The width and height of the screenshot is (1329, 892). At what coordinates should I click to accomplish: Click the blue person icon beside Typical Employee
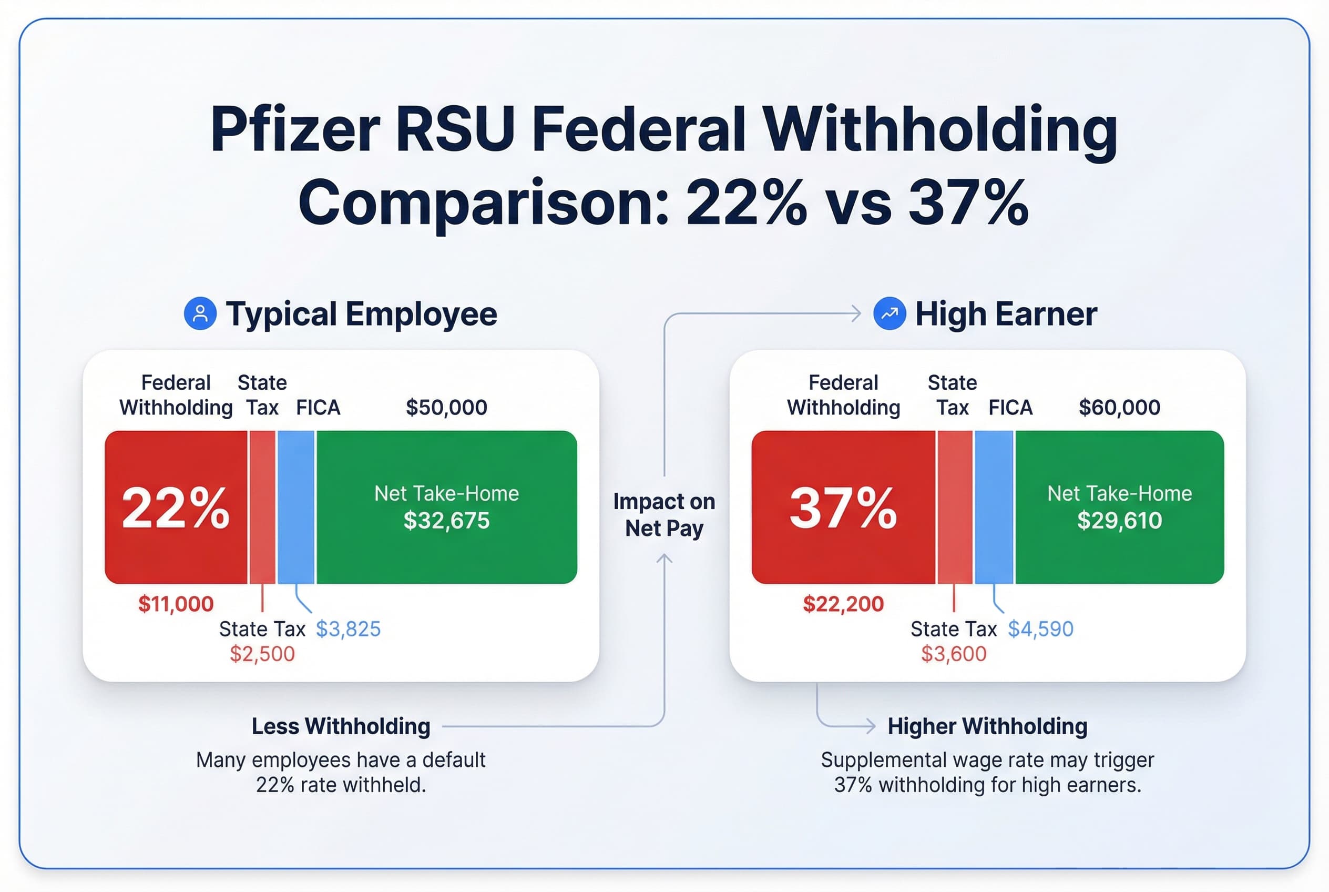(x=200, y=313)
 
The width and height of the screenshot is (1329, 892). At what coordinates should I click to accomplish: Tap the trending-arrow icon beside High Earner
(x=890, y=313)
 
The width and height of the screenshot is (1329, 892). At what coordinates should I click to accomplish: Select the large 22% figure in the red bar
(x=176, y=508)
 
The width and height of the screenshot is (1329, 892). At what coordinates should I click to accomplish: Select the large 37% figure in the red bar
(x=843, y=508)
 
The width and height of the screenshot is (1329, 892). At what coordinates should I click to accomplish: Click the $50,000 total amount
(x=446, y=407)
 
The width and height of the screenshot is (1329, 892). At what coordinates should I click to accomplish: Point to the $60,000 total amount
(x=1119, y=407)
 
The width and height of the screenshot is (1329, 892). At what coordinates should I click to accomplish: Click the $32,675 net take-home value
(x=446, y=521)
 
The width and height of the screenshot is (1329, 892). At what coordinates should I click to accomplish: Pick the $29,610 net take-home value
(x=1119, y=521)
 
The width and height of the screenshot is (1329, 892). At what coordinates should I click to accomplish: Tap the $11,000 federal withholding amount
(x=176, y=604)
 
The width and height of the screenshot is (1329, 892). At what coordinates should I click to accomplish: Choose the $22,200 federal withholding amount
(x=843, y=604)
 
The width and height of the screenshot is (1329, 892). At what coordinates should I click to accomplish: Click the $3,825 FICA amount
(x=348, y=629)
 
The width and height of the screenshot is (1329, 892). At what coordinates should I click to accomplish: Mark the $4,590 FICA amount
(x=1040, y=629)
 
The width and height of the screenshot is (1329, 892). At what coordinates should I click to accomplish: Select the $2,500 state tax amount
(x=262, y=654)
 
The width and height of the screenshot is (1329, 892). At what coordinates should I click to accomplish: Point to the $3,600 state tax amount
(x=954, y=654)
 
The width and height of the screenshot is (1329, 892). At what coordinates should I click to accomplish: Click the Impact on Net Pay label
(x=664, y=515)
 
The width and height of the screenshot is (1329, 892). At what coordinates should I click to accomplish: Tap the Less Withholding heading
(x=341, y=726)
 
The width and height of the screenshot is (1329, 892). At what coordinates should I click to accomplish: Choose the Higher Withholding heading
(x=987, y=726)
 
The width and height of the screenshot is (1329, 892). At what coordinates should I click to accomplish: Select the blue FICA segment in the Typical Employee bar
(x=295, y=508)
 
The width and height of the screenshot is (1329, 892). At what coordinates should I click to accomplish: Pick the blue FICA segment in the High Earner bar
(x=994, y=508)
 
